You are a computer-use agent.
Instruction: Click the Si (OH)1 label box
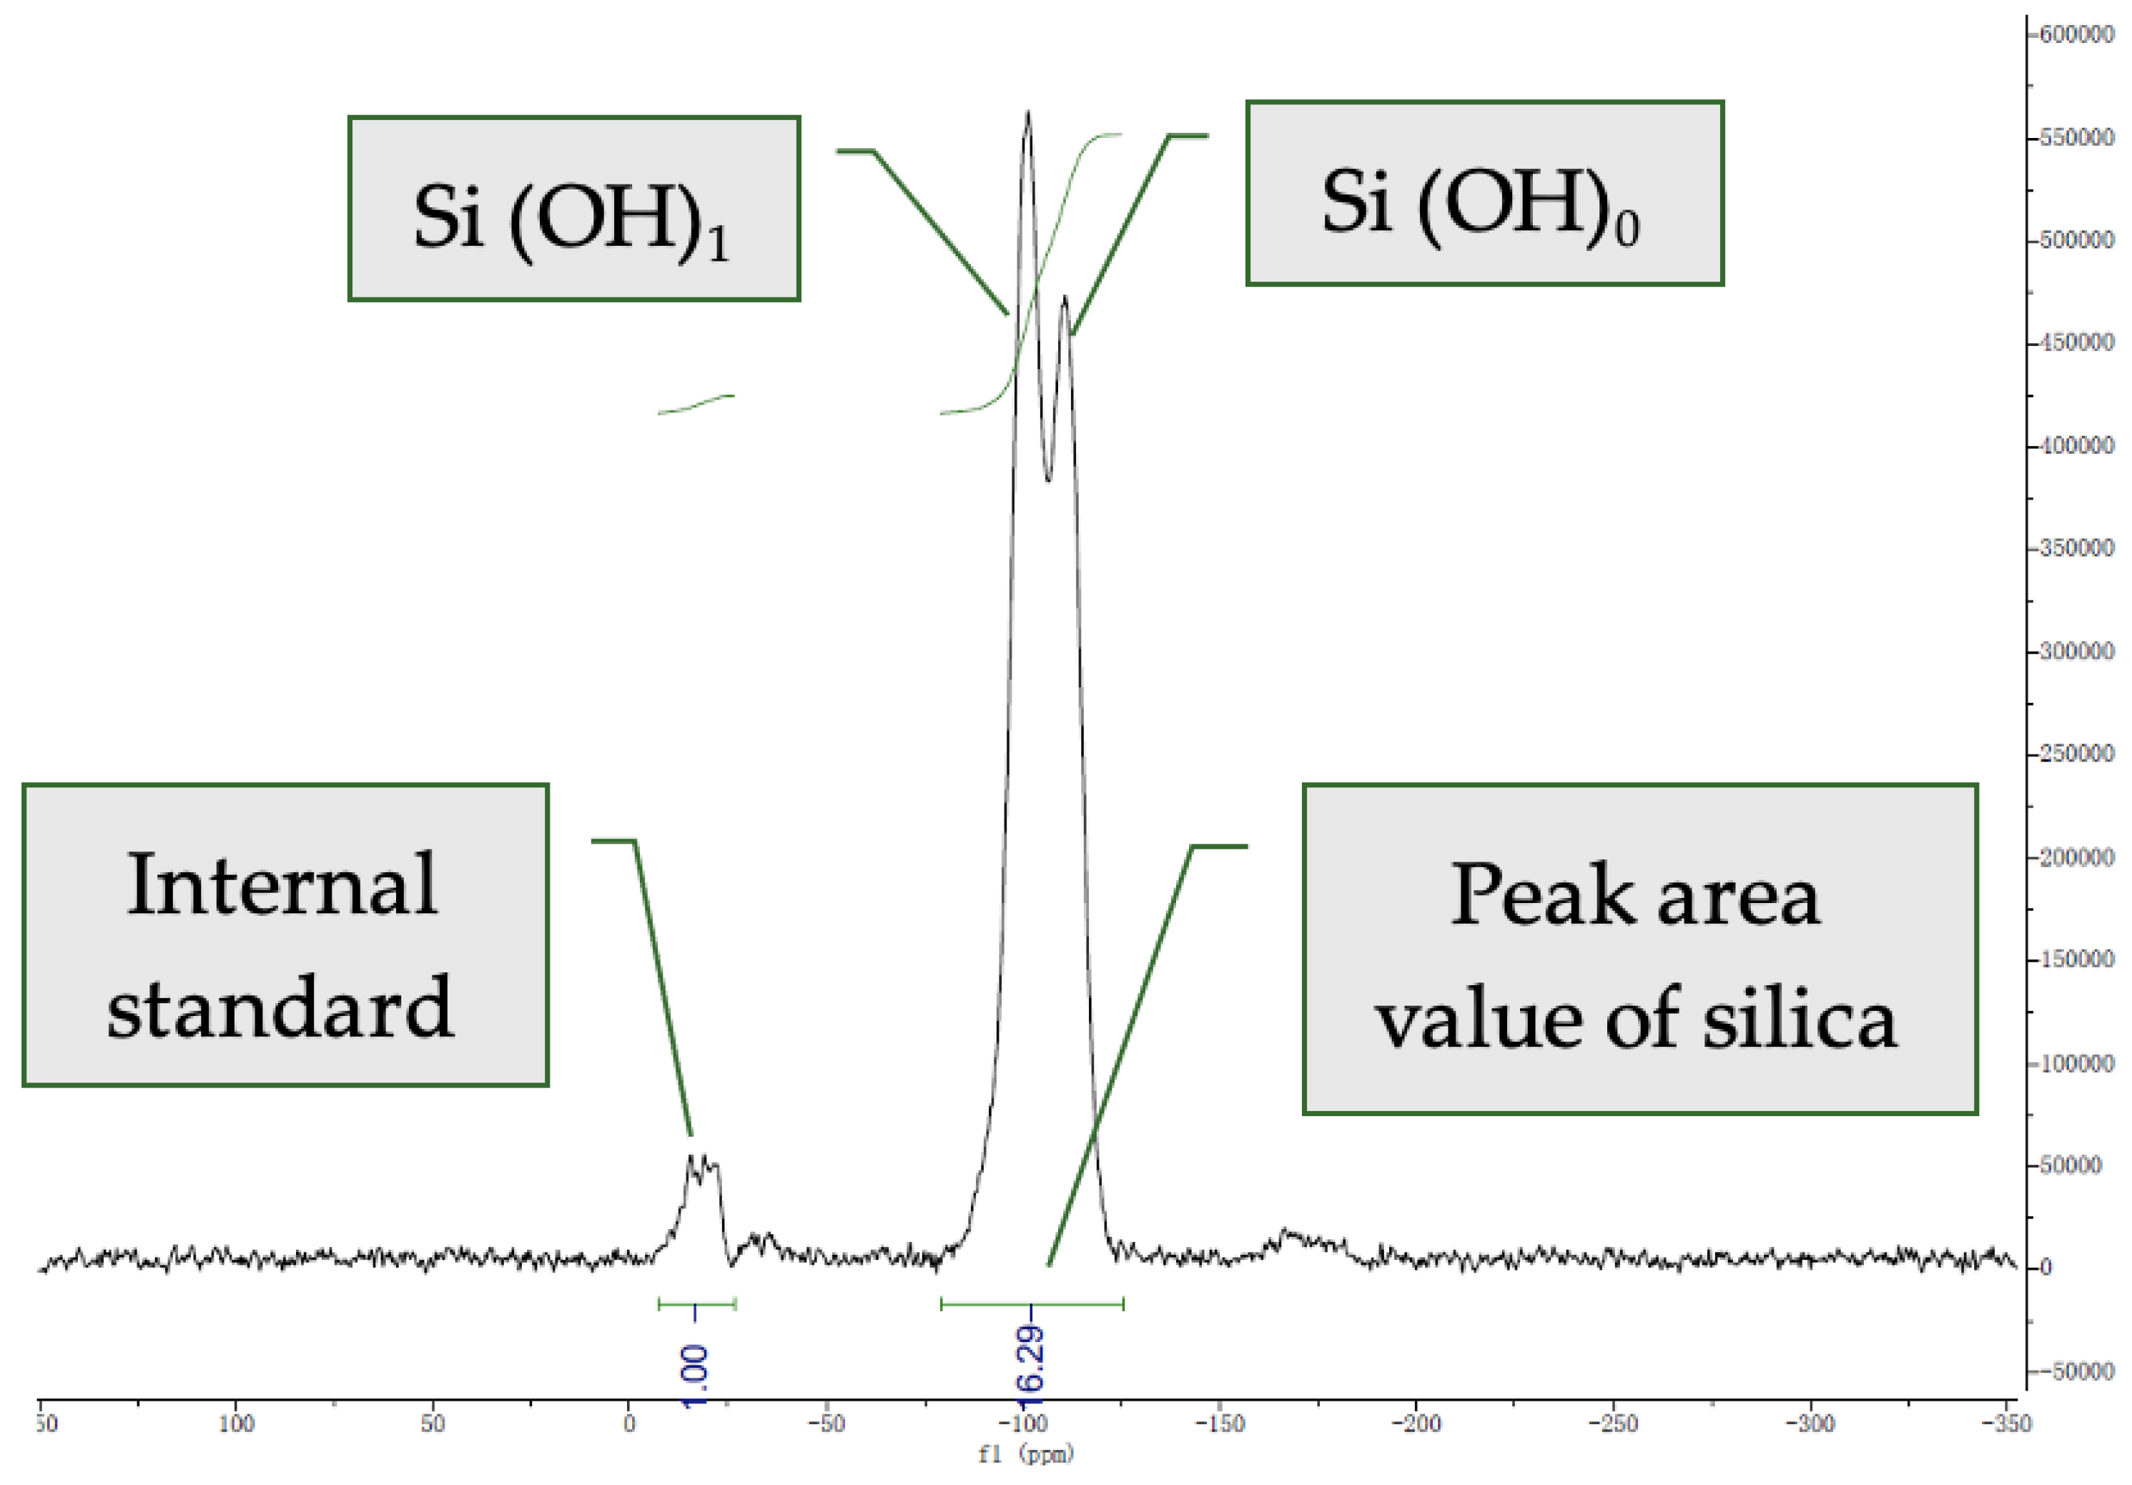point(574,208)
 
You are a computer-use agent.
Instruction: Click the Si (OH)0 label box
point(1484,193)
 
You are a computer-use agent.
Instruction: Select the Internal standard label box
point(285,934)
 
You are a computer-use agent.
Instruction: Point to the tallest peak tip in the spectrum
point(1027,113)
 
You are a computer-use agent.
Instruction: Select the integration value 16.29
point(1031,1360)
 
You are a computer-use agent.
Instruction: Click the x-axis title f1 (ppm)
point(1025,1454)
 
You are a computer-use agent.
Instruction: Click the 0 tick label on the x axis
point(630,1424)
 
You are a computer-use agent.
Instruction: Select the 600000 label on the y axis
point(2076,34)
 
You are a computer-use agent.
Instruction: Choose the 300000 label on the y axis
point(2076,651)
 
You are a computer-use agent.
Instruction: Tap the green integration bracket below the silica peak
point(1032,1304)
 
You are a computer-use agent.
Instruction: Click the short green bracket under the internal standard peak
point(696,1304)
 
